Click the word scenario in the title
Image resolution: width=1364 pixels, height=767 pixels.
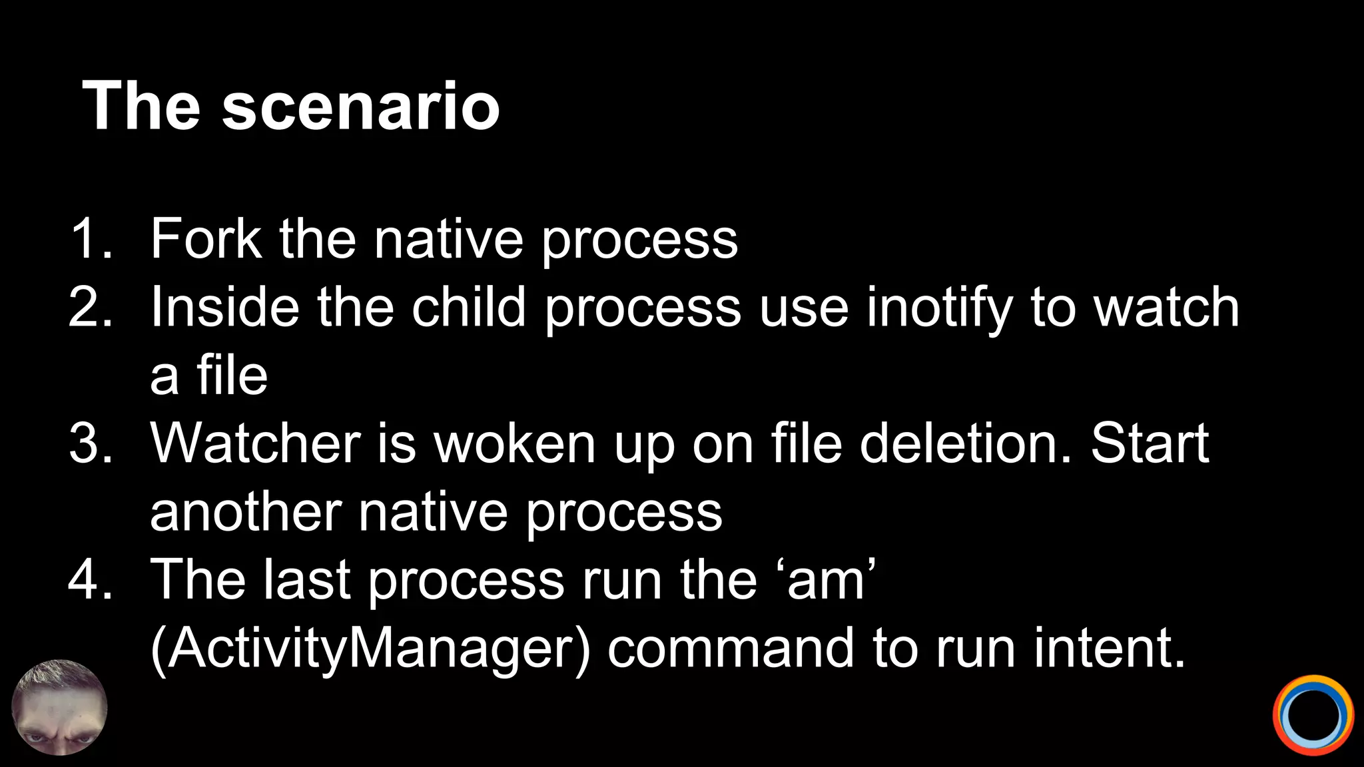pos(360,107)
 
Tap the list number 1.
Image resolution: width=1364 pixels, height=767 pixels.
pos(91,238)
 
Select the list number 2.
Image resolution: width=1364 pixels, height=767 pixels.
pos(91,307)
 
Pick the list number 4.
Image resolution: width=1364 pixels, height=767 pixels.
pos(91,580)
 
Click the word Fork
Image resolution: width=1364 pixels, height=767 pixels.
pos(206,238)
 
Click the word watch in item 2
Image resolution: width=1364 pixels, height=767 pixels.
pos(1167,307)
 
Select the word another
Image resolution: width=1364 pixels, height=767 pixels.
pos(246,512)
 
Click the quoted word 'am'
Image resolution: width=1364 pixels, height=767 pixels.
pos(826,580)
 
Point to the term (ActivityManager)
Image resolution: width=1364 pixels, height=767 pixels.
pos(370,649)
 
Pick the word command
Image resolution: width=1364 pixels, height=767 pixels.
pos(731,648)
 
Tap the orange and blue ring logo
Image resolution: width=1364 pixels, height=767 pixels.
pos(1313,716)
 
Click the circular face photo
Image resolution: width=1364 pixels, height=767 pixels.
pos(60,707)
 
